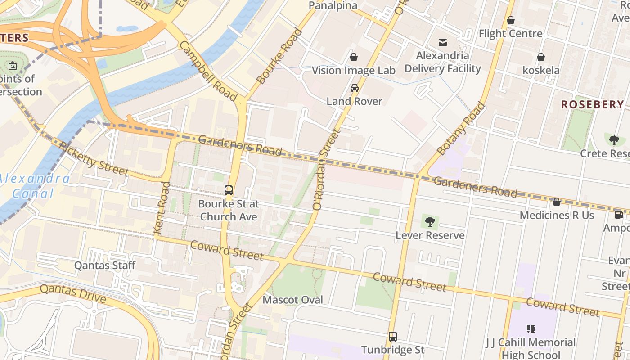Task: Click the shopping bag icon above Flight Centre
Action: [511, 21]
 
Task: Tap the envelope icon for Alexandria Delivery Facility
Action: [443, 43]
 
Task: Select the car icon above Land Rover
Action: [355, 88]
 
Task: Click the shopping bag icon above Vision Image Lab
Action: [354, 57]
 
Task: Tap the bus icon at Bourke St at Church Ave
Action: [229, 190]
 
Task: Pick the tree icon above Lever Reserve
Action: [430, 221]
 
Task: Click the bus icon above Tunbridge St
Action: [393, 336]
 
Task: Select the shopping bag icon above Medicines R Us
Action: [557, 202]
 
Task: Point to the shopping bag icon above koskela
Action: [541, 57]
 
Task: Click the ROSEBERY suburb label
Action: [592, 104]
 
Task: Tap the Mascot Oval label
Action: [293, 300]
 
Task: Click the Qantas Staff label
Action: [104, 265]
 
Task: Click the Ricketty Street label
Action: [94, 159]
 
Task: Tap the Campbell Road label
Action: [208, 71]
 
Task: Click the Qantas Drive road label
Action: [73, 293]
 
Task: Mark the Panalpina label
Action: [333, 5]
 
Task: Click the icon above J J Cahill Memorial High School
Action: [531, 329]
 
